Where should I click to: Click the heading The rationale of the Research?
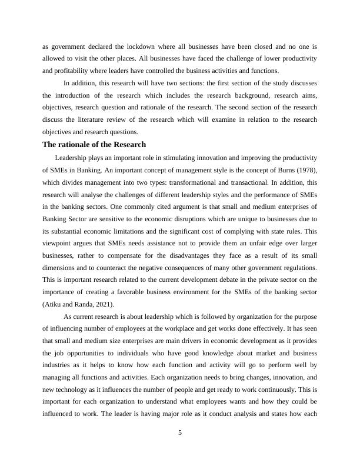tap(94, 145)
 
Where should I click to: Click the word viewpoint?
tap(56, 244)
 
